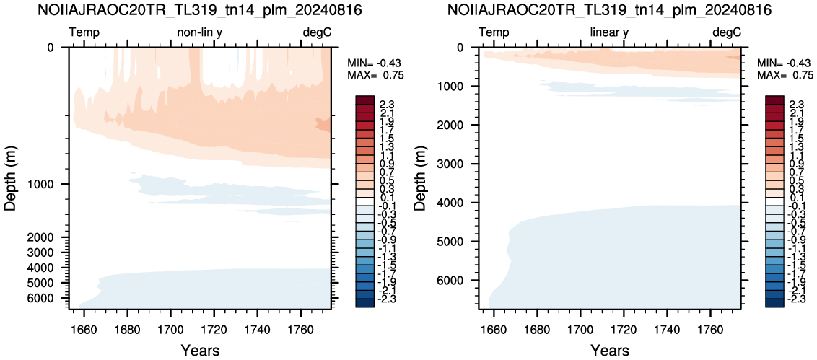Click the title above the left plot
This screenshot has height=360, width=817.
(201, 10)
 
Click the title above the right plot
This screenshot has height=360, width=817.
(610, 10)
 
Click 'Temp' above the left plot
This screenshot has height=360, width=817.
(84, 32)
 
